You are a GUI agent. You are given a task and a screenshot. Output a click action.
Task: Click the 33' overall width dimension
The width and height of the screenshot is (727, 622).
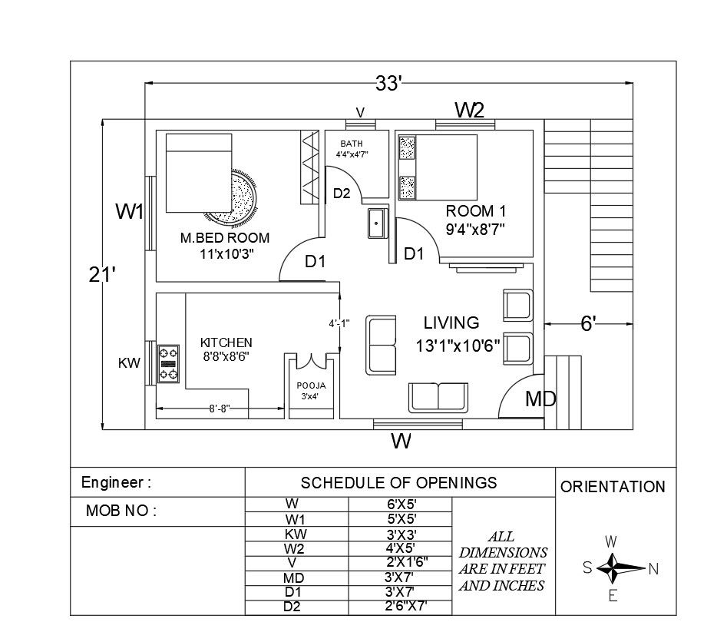[x=388, y=83]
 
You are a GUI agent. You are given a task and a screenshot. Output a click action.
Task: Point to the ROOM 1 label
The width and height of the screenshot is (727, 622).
[x=475, y=210]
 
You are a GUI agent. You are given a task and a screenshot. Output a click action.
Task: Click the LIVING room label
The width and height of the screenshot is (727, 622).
[x=451, y=323]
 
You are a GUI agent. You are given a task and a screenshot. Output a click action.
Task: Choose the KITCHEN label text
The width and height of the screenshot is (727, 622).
[x=226, y=342]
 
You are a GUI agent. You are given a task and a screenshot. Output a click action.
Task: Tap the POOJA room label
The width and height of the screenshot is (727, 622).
[x=312, y=385]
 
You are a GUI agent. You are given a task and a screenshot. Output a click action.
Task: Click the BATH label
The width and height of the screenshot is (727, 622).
[x=352, y=144]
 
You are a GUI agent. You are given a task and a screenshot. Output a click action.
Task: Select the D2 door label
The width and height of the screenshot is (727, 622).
[x=342, y=194]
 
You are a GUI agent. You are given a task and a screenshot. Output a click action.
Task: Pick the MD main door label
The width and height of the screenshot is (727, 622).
[x=540, y=399]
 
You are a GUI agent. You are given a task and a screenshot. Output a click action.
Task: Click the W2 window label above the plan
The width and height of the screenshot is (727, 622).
[x=469, y=110]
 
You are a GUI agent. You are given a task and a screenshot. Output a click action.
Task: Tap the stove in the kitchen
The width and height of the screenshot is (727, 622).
[x=168, y=364]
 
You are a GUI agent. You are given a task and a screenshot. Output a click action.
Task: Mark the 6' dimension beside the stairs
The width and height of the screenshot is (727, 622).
[x=588, y=324]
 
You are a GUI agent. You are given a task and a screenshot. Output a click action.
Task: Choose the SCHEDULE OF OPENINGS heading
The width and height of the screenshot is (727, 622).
[x=398, y=483]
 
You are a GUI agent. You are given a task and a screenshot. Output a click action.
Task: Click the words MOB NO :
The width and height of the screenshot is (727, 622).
[x=121, y=511]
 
